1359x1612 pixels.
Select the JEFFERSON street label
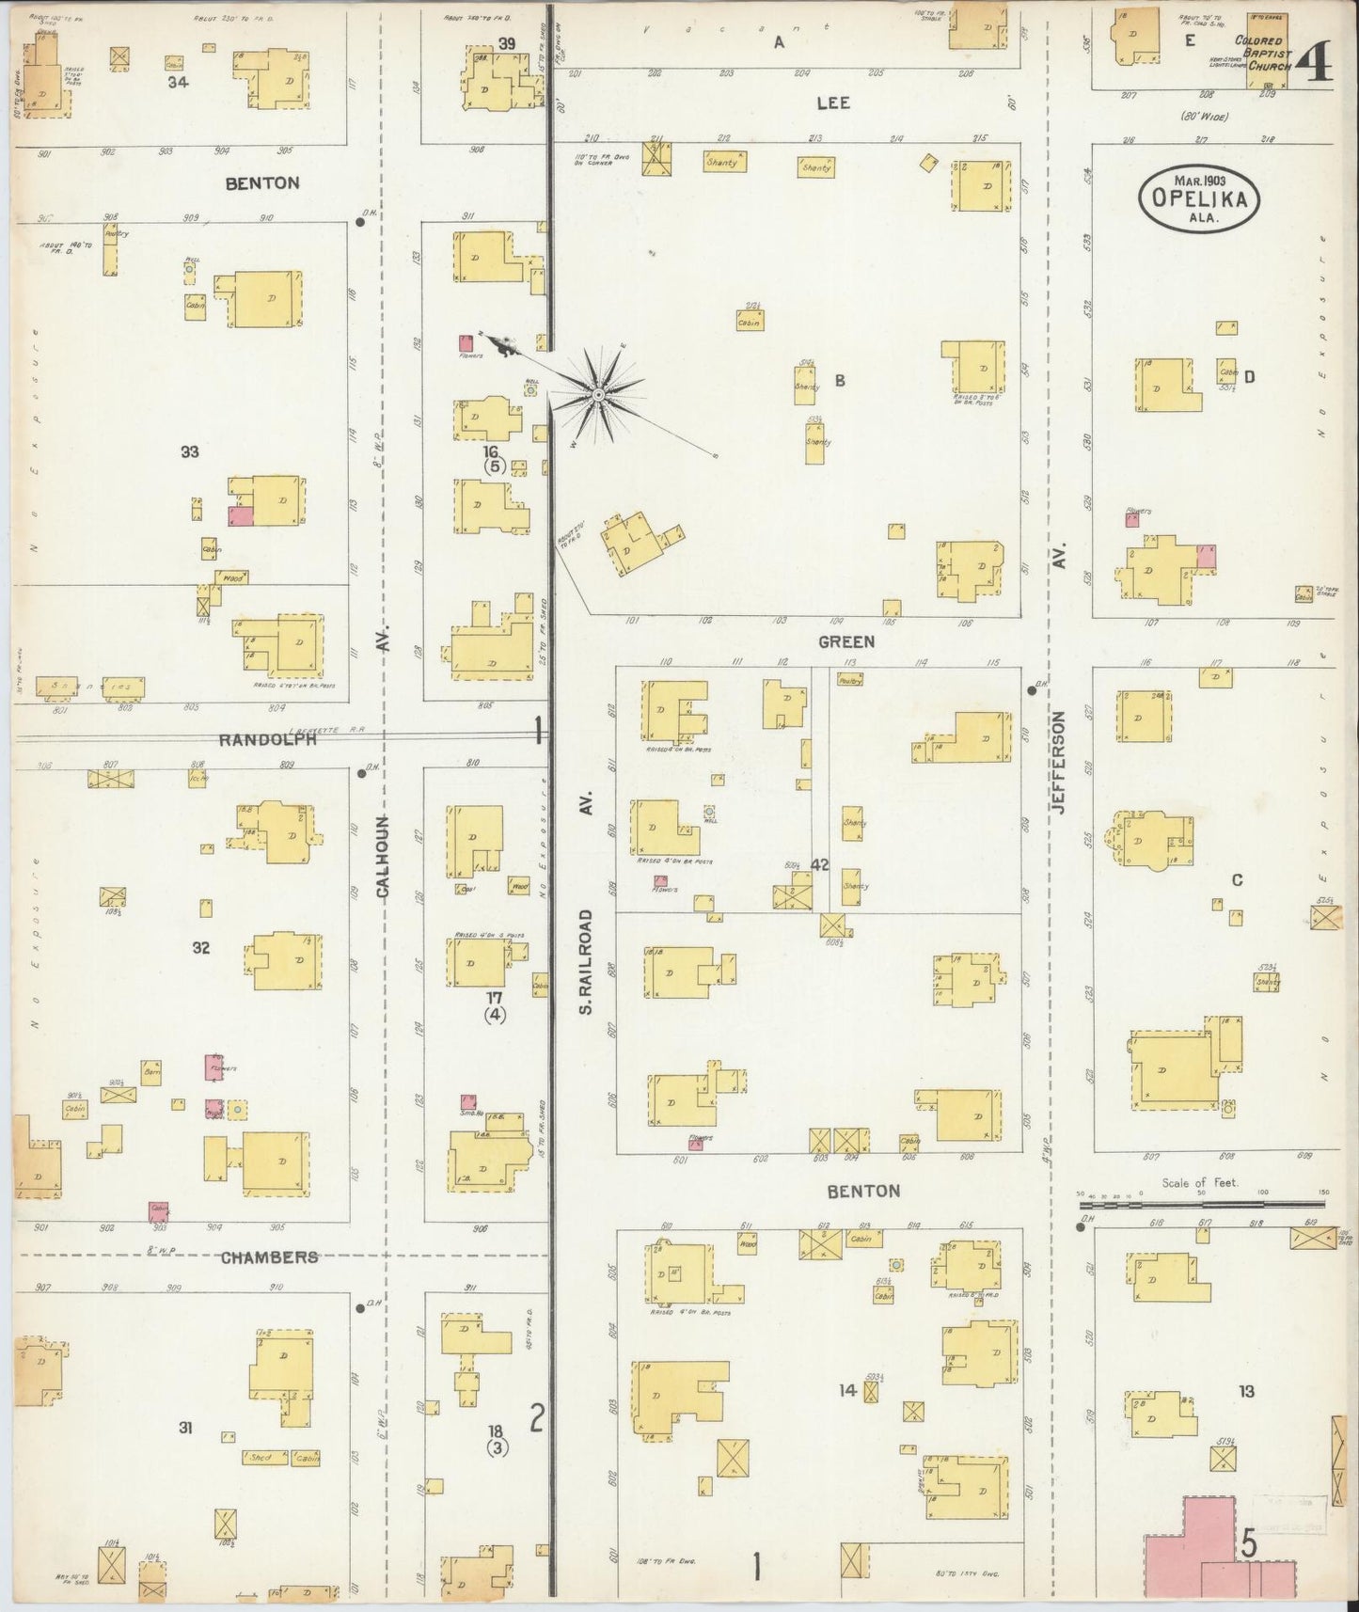[1058, 762]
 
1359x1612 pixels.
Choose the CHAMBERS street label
[270, 1256]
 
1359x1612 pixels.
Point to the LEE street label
[832, 103]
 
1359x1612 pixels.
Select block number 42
[819, 864]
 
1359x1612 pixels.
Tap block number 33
[190, 452]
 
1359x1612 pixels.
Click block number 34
[178, 82]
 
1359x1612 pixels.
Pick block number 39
[507, 43]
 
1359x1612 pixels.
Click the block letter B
[840, 380]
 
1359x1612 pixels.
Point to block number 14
[848, 1390]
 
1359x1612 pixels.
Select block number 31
[186, 1428]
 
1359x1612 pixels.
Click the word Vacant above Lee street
[733, 28]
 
